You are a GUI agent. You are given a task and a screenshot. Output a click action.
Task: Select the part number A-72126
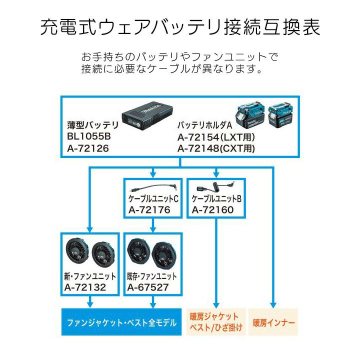click(x=88, y=148)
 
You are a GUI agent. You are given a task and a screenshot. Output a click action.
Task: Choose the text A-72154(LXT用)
click(x=215, y=136)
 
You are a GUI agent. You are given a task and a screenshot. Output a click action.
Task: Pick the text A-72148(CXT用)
click(x=216, y=148)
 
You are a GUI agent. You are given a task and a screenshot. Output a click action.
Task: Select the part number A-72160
click(x=212, y=209)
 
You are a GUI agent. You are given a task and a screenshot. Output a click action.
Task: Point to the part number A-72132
click(x=85, y=287)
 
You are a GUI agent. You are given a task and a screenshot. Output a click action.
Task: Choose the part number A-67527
click(x=148, y=287)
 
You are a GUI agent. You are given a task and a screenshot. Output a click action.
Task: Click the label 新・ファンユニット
click(x=90, y=276)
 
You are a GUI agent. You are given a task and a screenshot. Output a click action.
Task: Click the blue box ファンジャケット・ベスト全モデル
click(x=121, y=322)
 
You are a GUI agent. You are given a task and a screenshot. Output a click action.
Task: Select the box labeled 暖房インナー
click(x=273, y=322)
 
